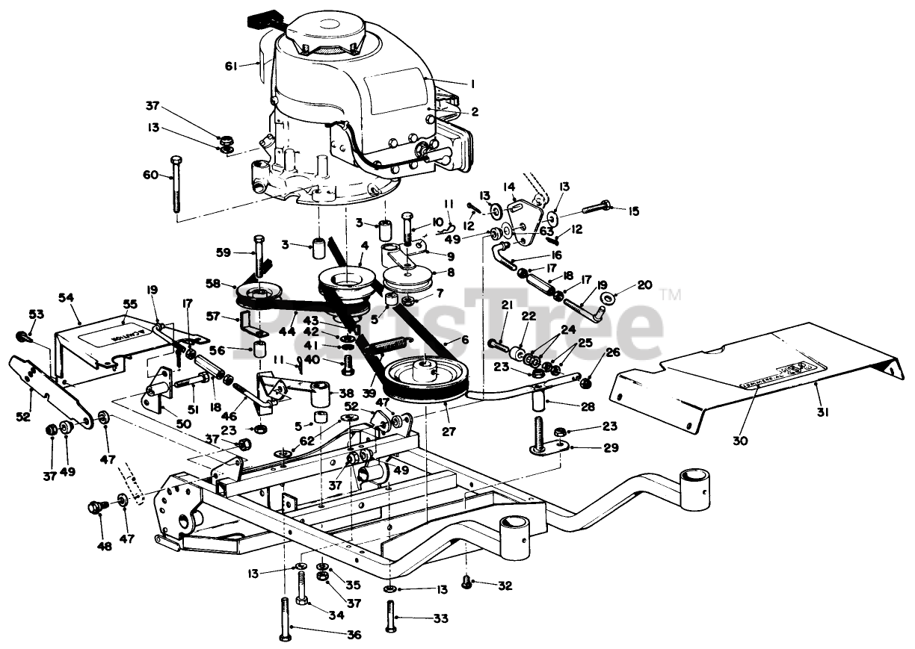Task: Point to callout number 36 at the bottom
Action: (x=354, y=635)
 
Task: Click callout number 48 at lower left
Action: (x=104, y=546)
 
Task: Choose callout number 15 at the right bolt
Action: (x=633, y=211)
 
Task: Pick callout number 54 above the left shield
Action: (x=66, y=297)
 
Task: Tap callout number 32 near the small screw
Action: (x=505, y=586)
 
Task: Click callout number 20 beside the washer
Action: (x=644, y=285)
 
